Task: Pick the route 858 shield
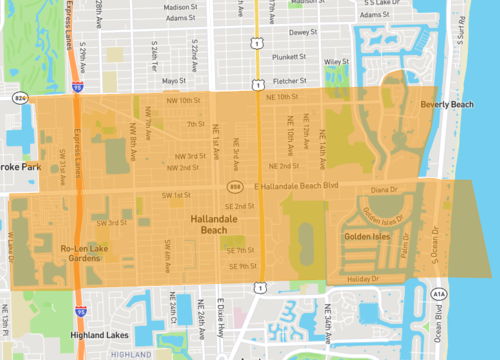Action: click(x=235, y=187)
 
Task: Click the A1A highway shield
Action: click(x=441, y=294)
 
